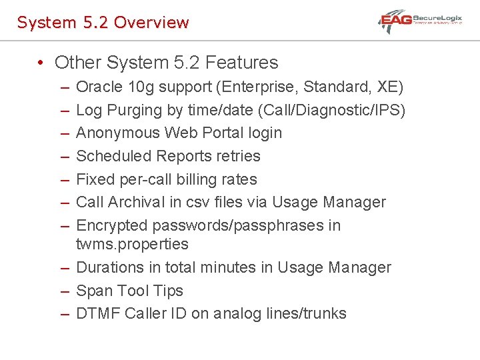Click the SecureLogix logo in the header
421,21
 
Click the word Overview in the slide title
151,22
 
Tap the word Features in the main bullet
242,63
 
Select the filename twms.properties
132,244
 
